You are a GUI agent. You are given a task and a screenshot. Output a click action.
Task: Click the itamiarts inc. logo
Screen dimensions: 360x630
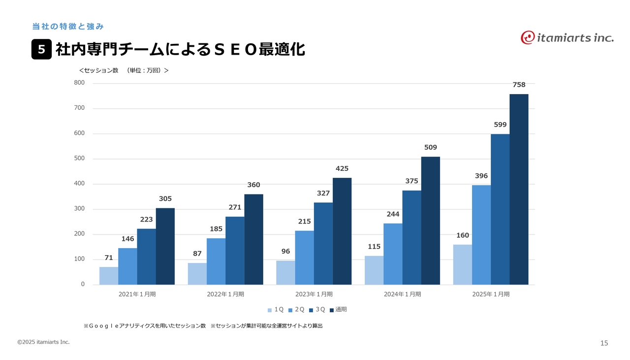567,37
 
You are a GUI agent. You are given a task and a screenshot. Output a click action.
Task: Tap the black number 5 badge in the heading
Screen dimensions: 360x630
41,50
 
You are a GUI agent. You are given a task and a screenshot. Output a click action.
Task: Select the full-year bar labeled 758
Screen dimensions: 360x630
519,189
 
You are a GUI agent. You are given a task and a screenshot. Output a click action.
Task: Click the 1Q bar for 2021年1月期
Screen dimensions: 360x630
109,276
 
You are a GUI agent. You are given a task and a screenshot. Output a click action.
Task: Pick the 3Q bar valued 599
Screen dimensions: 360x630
500,209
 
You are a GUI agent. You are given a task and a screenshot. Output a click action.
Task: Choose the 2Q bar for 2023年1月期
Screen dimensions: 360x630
304,258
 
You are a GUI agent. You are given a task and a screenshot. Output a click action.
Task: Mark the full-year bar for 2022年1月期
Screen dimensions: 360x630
253,239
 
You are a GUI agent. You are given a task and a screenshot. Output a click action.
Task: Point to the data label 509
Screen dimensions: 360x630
430,147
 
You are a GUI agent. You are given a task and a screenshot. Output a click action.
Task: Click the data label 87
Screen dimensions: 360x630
197,254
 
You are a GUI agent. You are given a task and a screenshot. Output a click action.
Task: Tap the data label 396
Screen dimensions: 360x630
481,176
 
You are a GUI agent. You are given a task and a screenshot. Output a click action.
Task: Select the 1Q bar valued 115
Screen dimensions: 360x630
374,270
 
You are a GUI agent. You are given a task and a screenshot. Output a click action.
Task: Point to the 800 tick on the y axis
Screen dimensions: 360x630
79,83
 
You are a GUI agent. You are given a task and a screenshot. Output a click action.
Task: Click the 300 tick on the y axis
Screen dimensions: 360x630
79,209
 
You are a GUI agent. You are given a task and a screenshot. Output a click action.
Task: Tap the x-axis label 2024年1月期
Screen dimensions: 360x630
402,294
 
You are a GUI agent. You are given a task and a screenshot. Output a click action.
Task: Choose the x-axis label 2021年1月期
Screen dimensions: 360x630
137,294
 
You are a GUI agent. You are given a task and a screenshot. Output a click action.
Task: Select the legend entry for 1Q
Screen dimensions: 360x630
276,310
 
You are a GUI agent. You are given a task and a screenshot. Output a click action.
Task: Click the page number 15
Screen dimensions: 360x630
604,343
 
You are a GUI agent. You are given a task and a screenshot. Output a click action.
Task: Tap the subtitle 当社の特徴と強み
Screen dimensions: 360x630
68,26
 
